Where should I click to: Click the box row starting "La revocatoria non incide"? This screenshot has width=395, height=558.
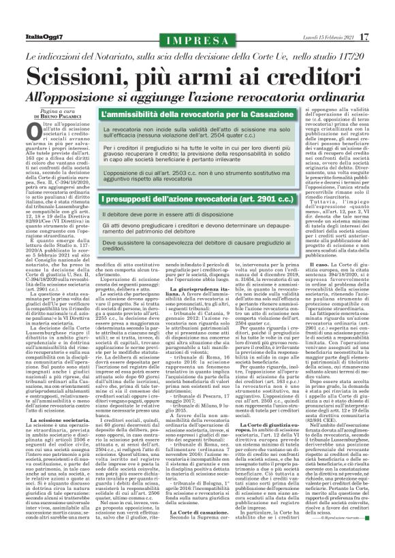click(197, 131)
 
